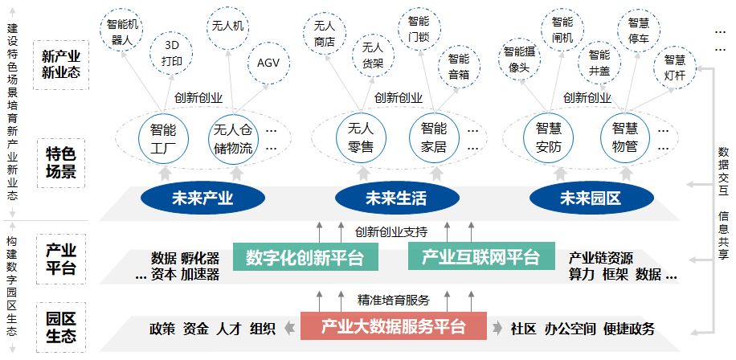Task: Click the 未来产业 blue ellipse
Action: (202, 198)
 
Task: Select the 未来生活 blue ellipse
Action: (397, 198)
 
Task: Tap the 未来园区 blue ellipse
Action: (591, 198)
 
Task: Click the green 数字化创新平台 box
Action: (305, 256)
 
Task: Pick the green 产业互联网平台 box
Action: (481, 256)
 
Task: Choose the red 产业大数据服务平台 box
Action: (394, 325)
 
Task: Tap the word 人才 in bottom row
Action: (228, 329)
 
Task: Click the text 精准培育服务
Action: (394, 300)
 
